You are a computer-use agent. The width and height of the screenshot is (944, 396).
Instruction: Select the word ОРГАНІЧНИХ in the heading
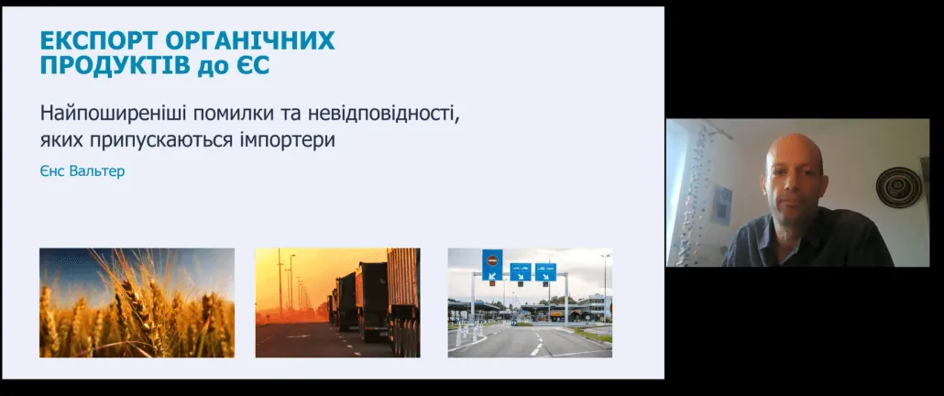click(x=249, y=41)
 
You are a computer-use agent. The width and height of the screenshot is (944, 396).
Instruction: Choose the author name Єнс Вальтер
click(x=82, y=170)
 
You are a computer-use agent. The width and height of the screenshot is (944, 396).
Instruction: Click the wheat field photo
click(x=137, y=302)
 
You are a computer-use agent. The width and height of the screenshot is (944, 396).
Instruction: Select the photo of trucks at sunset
click(x=338, y=302)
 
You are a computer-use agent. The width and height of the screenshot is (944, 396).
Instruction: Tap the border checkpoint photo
click(x=530, y=302)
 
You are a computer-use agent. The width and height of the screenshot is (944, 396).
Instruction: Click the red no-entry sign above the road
click(x=492, y=261)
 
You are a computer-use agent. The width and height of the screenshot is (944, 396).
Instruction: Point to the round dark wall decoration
click(x=898, y=187)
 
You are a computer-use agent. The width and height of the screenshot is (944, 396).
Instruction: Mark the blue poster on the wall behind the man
click(x=720, y=204)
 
